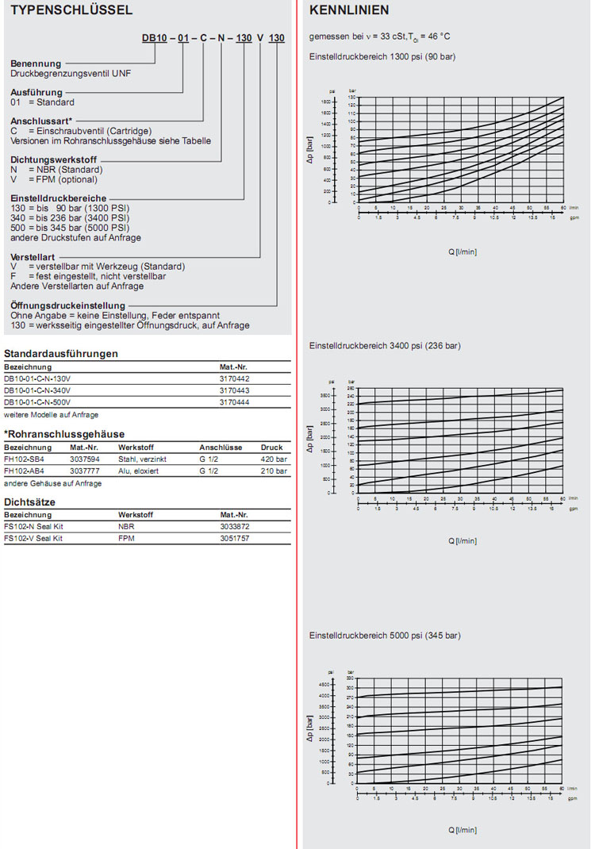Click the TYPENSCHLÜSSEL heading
(x=60, y=10)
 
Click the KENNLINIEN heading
(x=349, y=10)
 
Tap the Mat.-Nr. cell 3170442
(x=234, y=379)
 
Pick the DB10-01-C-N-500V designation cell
(x=37, y=402)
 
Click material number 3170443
(x=234, y=390)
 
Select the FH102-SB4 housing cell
(x=24, y=459)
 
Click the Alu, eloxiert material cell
(x=139, y=471)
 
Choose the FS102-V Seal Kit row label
(x=33, y=539)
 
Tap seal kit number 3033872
(x=235, y=527)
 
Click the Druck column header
(x=271, y=448)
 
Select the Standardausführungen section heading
(x=61, y=353)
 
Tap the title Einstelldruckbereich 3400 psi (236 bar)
(x=385, y=346)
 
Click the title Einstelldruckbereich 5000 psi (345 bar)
(x=385, y=636)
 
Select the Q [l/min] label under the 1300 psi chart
(x=463, y=252)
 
